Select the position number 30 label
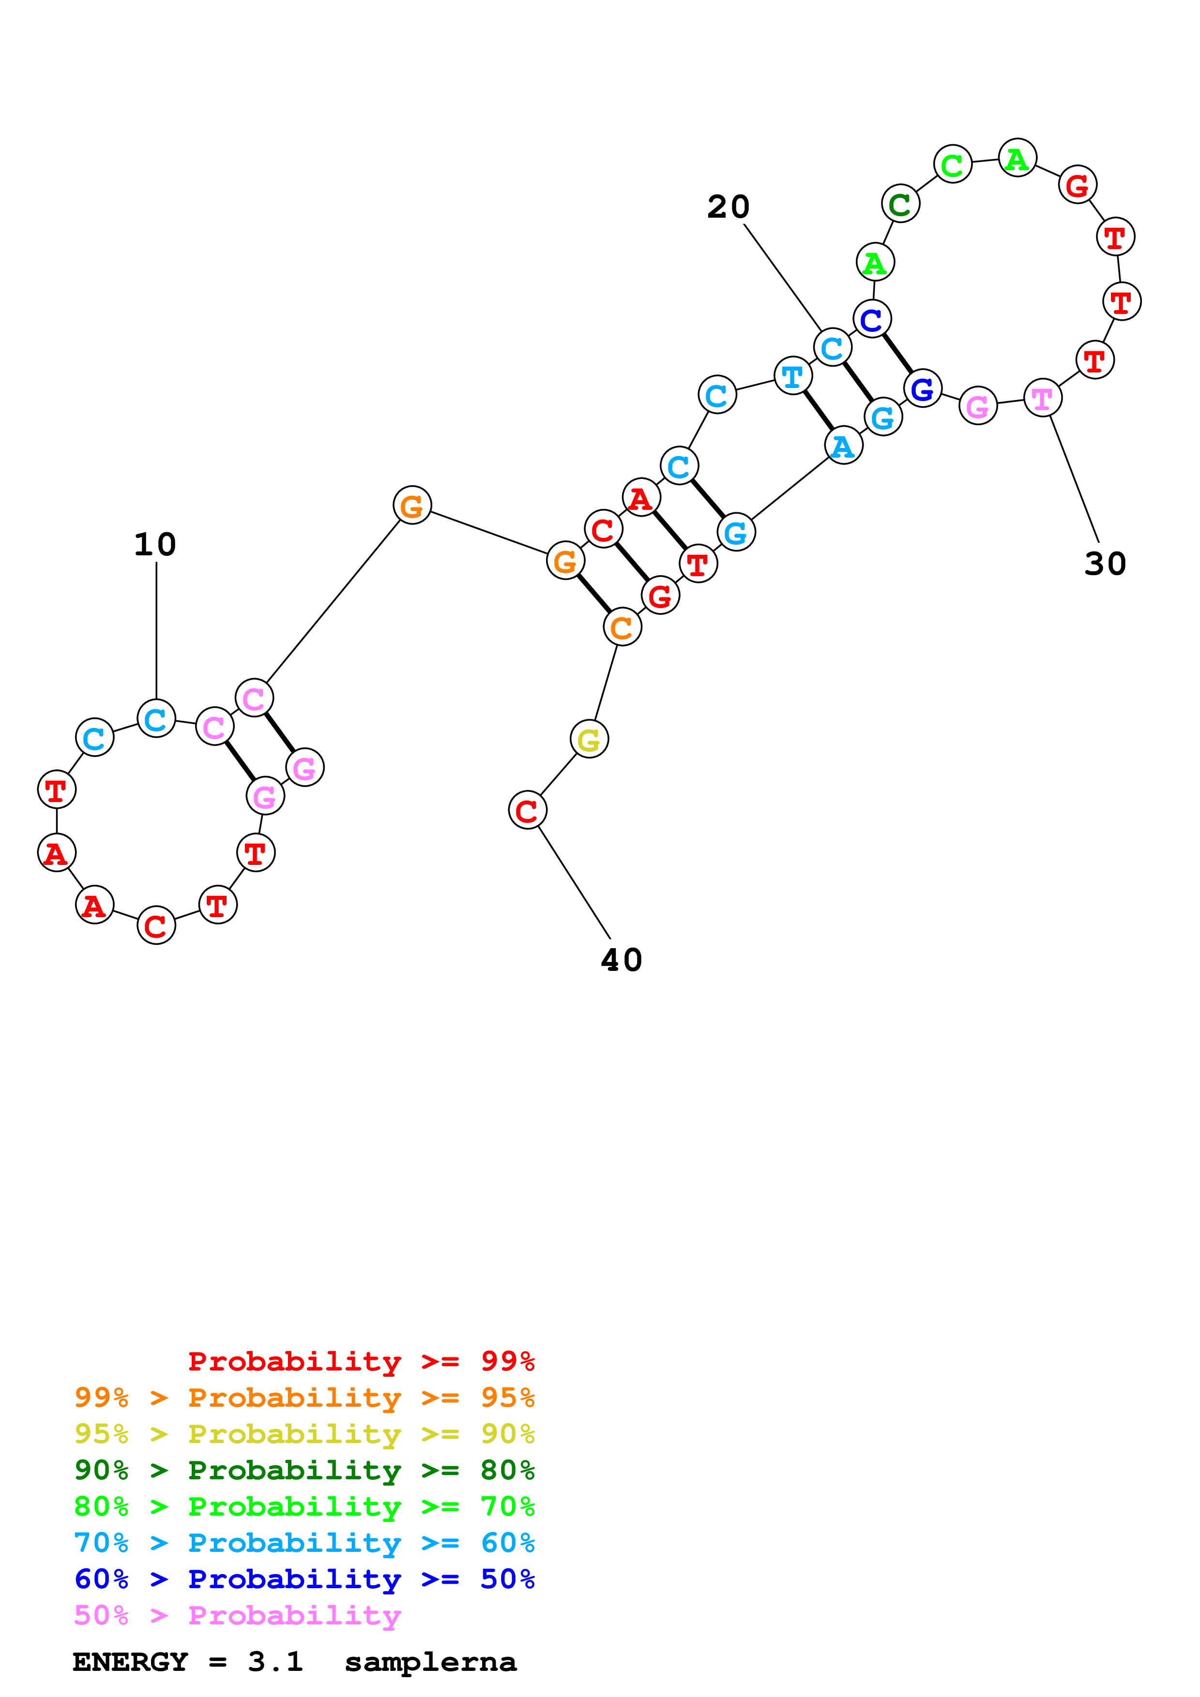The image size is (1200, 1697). coord(1105,565)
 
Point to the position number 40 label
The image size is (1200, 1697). coord(621,961)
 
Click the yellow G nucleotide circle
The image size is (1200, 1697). coord(589,739)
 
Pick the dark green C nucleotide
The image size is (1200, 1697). coord(900,204)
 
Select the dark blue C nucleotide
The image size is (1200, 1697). coord(872,319)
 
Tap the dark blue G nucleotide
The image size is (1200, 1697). coord(922,388)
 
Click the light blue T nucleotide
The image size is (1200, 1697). coord(792,376)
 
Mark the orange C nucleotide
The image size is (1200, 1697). coord(622,627)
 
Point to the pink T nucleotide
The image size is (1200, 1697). coord(1042,399)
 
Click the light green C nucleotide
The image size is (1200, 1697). coord(952,164)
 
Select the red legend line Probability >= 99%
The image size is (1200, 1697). coord(361,1361)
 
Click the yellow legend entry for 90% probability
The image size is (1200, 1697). coord(304,1434)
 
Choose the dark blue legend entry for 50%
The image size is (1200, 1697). coord(304,1579)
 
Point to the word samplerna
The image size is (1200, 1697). coord(430,1662)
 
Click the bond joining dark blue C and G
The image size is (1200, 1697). coord(897,353)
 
